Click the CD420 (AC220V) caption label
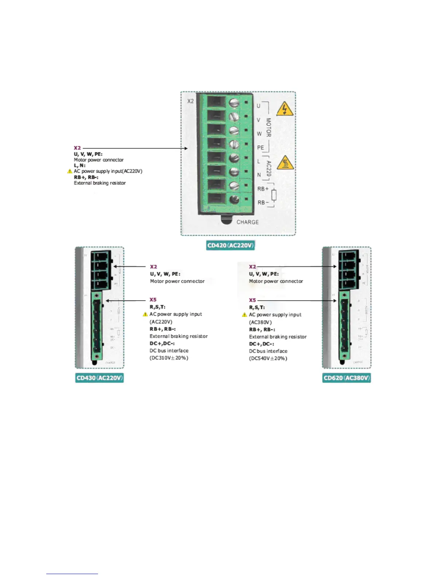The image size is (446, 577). (x=230, y=245)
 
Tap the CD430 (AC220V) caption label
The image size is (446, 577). (x=99, y=378)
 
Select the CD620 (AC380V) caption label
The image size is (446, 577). (x=347, y=378)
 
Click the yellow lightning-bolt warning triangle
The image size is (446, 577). (x=285, y=109)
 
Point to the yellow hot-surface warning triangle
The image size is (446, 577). (x=285, y=163)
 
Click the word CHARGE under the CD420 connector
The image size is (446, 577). (x=247, y=222)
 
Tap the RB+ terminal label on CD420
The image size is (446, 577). (x=263, y=189)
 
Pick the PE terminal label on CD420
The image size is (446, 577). (x=261, y=148)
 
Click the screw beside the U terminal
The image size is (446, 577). (x=234, y=103)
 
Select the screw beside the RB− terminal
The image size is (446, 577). (x=234, y=199)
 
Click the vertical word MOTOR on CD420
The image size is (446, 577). (x=269, y=127)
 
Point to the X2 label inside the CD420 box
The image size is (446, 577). (x=191, y=101)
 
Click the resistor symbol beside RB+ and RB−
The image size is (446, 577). (x=274, y=195)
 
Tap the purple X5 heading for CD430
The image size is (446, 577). (x=153, y=300)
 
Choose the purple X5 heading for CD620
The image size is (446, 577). (x=253, y=300)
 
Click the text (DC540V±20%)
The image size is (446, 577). (x=268, y=358)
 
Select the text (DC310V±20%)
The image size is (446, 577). (x=169, y=358)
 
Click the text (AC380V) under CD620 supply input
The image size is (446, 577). (x=260, y=322)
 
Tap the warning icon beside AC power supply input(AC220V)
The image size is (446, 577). (x=70, y=171)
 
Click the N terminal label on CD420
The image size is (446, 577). (x=259, y=175)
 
